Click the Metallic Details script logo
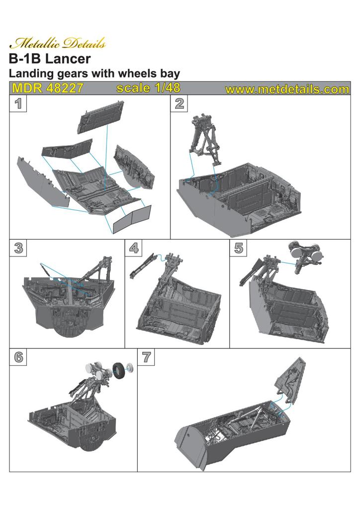(58, 44)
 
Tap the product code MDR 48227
(48, 88)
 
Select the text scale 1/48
(148, 88)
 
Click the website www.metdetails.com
(287, 89)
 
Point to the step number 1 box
(18, 103)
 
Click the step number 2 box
(179, 103)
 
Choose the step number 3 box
(18, 248)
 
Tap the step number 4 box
(134, 248)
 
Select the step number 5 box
(239, 248)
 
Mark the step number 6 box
(18, 357)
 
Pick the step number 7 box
(146, 357)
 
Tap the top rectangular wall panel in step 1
(100, 117)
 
